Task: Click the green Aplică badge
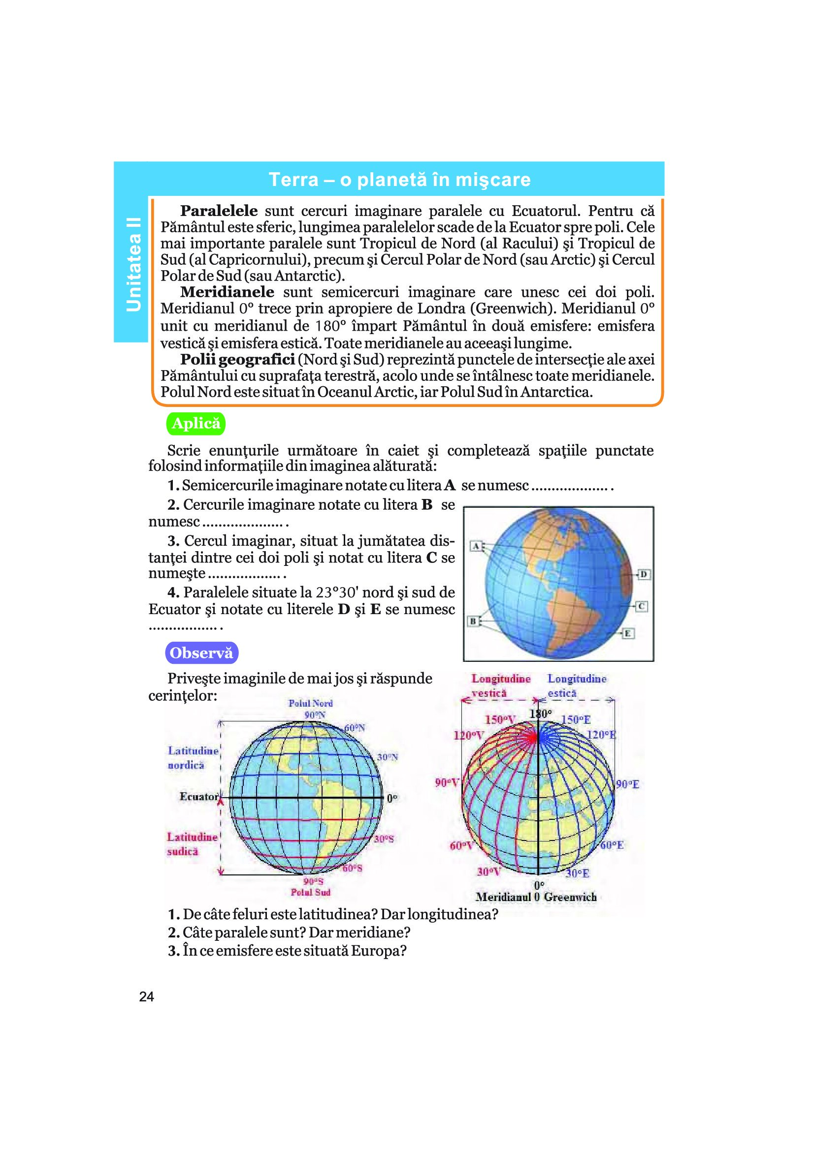(195, 424)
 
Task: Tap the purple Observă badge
(201, 653)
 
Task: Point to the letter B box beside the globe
(472, 622)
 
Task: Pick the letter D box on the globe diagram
(644, 574)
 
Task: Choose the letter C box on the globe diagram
(642, 606)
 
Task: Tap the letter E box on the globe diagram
(628, 634)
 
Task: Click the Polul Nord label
(310, 703)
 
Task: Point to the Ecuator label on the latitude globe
(198, 797)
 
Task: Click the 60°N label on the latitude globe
(355, 727)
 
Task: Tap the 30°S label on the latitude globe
(383, 838)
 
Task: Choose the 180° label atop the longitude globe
(541, 714)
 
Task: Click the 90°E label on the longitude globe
(627, 784)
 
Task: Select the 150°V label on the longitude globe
(500, 720)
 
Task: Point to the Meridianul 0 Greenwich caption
(536, 898)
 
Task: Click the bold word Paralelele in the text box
(219, 211)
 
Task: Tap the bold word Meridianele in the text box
(227, 292)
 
